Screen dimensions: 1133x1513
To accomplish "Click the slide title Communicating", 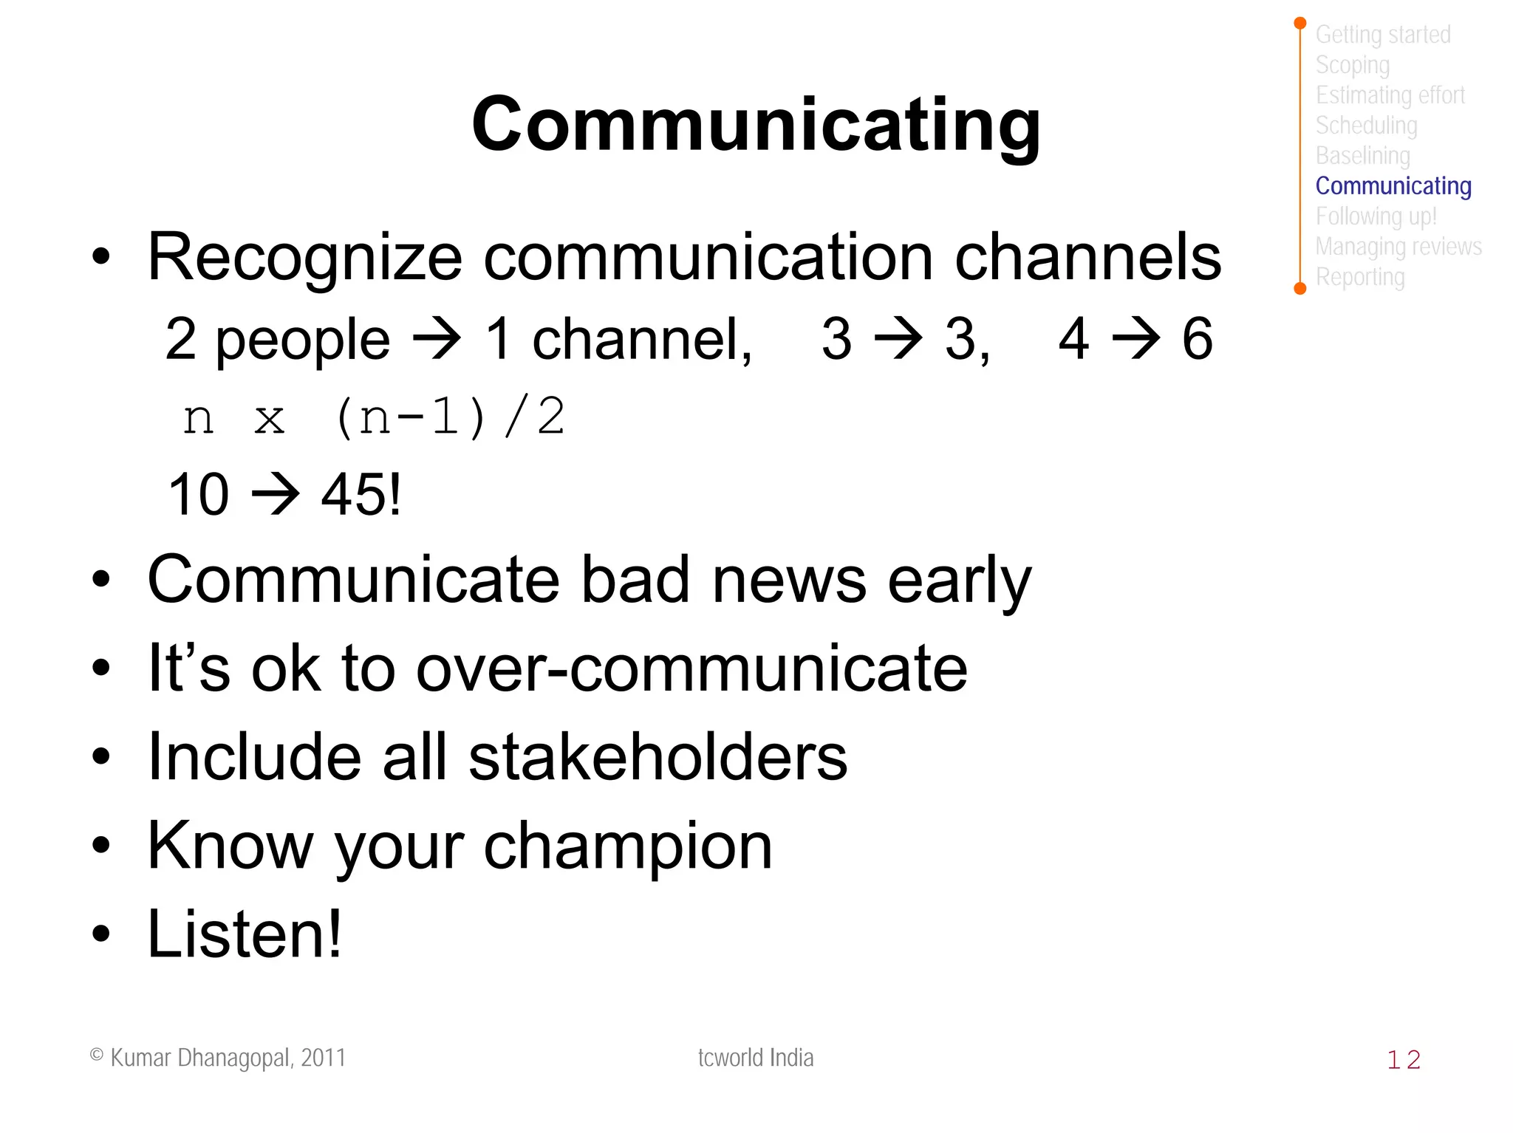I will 756,126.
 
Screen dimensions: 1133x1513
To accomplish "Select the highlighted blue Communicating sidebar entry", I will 1393,186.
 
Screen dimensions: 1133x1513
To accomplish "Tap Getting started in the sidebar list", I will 1382,35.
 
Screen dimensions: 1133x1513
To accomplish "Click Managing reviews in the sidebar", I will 1398,247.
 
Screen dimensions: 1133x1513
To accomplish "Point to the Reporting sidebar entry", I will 1359,278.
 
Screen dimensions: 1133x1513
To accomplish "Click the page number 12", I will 1403,1060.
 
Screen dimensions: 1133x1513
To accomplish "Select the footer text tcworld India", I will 755,1058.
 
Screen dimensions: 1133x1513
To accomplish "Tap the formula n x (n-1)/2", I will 373,417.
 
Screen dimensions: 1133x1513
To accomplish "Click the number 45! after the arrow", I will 361,494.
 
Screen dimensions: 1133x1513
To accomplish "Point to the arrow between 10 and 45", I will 276,493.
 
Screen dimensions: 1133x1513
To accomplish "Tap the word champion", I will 627,846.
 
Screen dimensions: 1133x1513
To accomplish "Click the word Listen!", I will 245,934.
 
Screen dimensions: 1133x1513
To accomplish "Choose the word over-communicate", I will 691,668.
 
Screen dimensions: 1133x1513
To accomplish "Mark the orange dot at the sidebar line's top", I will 1300,24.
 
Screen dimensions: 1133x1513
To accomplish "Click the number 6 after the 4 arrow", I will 1197,339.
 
